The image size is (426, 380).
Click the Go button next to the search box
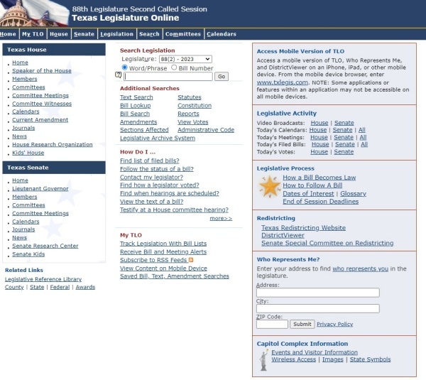[x=222, y=76]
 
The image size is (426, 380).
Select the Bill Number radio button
[x=173, y=67]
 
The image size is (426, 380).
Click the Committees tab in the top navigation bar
[x=182, y=33]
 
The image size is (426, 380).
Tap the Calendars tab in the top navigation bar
[x=221, y=33]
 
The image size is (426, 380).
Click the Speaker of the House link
[x=42, y=71]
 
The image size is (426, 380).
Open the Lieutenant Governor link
[x=41, y=189]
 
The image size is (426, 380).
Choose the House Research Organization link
[x=52, y=145]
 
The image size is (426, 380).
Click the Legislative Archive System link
[x=157, y=139]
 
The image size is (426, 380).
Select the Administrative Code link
[x=205, y=130]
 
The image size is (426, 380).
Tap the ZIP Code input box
[x=272, y=324]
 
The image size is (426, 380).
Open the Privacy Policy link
[x=334, y=324]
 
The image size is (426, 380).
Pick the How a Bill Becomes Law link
[x=319, y=178]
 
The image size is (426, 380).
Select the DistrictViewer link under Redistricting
[x=283, y=235]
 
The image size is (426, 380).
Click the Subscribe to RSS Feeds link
[x=153, y=260]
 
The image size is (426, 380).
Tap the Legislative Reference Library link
[x=43, y=279]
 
